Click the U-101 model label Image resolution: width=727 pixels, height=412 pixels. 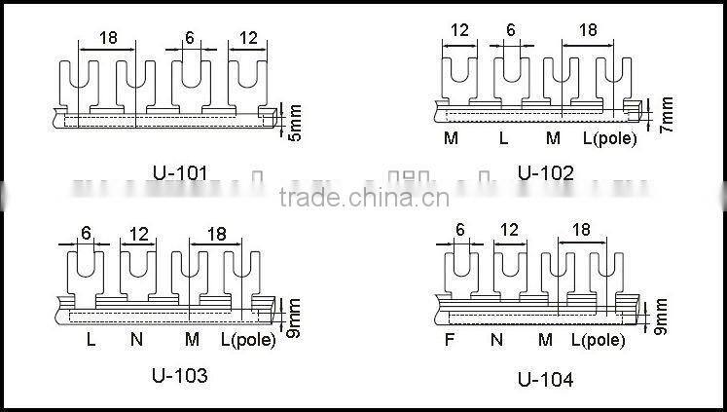(180, 174)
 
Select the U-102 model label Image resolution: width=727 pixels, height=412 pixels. (545, 173)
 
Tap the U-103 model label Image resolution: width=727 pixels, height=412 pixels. (179, 374)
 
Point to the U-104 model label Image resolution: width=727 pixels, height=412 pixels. (545, 379)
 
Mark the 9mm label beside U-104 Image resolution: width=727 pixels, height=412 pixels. (660, 319)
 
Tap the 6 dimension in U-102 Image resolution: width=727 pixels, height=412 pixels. (511, 30)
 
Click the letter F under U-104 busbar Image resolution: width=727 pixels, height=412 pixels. (449, 340)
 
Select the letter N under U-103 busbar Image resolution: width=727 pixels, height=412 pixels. (136, 340)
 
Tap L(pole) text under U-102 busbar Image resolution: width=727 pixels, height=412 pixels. (610, 138)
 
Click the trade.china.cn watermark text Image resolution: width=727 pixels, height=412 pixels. (363, 200)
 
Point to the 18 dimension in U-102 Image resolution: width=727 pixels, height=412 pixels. (588, 30)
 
